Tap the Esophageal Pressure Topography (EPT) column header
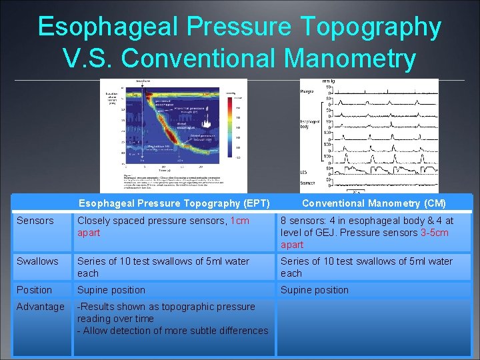[174, 203]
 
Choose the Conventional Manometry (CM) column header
[374, 203]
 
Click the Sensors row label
[35, 221]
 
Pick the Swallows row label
[37, 261]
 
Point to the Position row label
[34, 290]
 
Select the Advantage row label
[41, 307]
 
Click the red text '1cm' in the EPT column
[239, 221]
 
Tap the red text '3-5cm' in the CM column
[434, 233]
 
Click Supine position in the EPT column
[111, 290]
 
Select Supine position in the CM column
[314, 290]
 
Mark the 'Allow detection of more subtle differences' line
[173, 331]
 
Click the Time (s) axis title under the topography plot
[154, 171]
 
